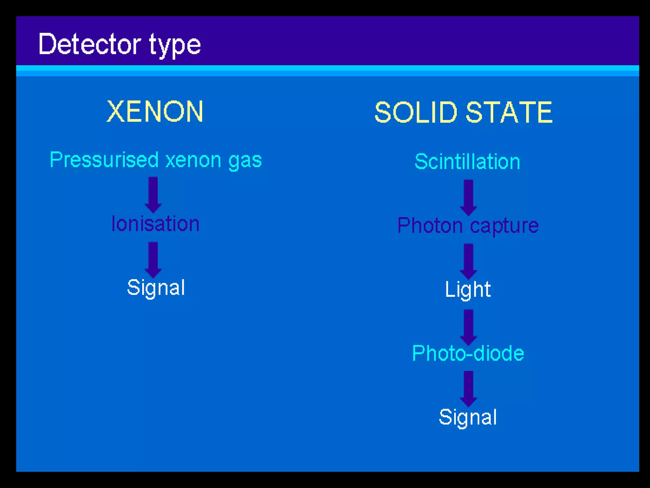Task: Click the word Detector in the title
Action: click(90, 44)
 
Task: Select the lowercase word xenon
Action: click(193, 160)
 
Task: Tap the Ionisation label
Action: click(156, 224)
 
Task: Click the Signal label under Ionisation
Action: click(156, 288)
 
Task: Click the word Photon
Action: click(430, 226)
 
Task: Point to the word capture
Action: click(504, 226)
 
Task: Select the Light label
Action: click(468, 289)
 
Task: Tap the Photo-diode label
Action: click(468, 353)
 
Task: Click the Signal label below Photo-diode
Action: click(468, 417)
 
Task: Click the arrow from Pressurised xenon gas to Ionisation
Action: click(153, 194)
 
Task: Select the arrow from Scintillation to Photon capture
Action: click(468, 197)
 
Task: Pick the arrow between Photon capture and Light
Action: click(468, 261)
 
